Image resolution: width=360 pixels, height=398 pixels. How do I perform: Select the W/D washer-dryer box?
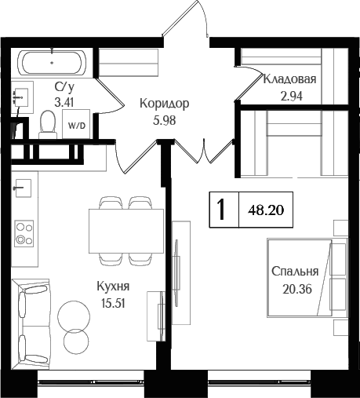(75, 125)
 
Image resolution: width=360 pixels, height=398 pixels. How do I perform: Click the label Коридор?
(164, 103)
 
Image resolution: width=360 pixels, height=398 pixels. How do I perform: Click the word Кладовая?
(289, 79)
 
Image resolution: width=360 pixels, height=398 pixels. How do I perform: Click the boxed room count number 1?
(222, 210)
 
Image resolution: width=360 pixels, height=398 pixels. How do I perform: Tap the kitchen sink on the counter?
(23, 188)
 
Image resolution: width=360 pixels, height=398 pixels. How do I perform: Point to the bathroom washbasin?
(21, 97)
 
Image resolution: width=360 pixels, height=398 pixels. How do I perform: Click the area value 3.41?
(65, 101)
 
